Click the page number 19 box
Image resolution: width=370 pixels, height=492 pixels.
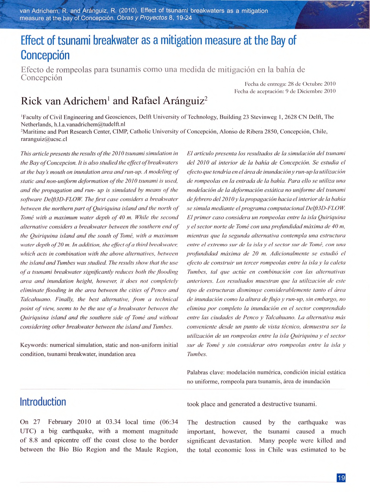[341, 478]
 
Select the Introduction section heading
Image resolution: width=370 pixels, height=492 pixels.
[43, 402]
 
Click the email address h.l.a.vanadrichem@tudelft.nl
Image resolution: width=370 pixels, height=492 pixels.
[90, 124]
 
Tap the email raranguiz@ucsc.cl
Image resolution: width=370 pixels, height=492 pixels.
[44, 139]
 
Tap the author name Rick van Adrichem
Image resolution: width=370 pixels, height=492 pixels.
[64, 101]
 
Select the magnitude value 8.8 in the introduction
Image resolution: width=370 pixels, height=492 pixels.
[34, 440]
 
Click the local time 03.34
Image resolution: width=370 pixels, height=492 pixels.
[113, 422]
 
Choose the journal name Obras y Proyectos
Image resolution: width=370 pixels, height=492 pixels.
[142, 18]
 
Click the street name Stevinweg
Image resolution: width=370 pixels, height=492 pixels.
[264, 117]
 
